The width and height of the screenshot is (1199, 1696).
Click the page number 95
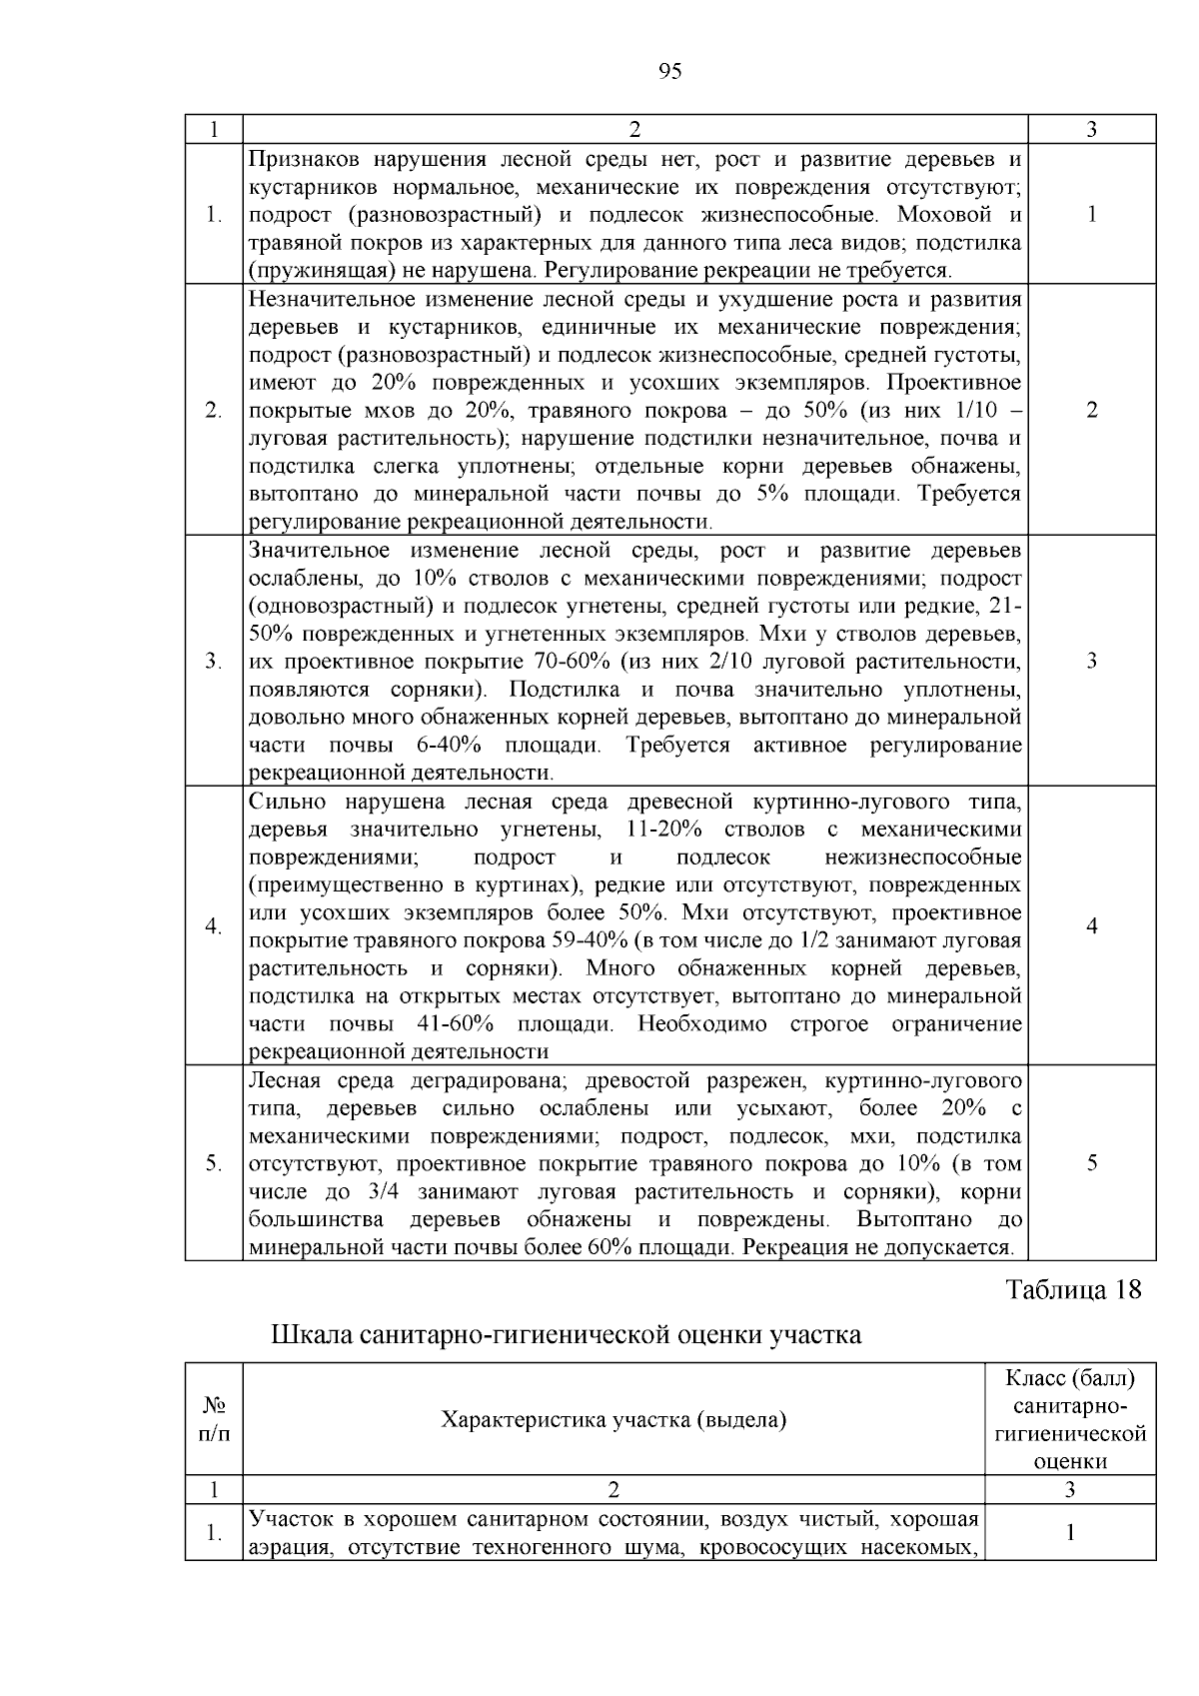pyautogui.click(x=670, y=71)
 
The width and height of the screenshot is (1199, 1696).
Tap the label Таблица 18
pyautogui.click(x=1072, y=1289)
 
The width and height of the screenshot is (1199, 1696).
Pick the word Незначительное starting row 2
pyautogui.click(x=323, y=300)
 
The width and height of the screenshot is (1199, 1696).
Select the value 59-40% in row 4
pyautogui.click(x=590, y=941)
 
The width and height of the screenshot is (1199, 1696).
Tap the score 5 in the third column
pyautogui.click(x=1092, y=1163)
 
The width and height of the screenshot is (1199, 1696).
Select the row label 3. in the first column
pyautogui.click(x=213, y=662)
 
